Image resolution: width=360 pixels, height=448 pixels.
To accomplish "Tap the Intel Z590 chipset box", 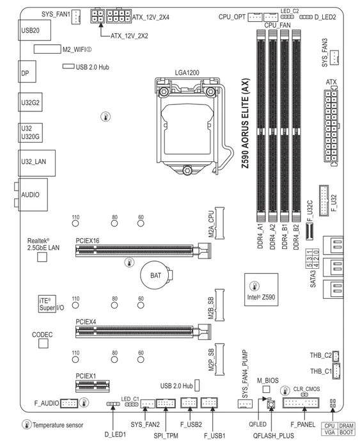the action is click(262, 289).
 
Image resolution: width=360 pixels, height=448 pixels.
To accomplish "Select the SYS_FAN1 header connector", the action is click(76, 17).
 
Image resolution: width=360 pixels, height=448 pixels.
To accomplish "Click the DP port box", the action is click(27, 72).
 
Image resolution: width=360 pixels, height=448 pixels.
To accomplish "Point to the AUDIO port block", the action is click(33, 195).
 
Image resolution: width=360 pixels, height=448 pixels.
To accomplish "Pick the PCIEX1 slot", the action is click(92, 387).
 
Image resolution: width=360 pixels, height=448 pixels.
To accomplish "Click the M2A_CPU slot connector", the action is click(219, 223).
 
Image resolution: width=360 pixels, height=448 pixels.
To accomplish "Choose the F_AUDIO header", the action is click(69, 403).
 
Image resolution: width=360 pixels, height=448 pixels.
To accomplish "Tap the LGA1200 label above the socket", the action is click(187, 72).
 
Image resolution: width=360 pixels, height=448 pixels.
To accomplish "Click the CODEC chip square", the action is click(43, 344).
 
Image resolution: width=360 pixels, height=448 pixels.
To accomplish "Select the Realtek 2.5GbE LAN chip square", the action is click(42, 257).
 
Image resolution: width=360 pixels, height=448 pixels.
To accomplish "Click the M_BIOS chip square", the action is click(266, 389).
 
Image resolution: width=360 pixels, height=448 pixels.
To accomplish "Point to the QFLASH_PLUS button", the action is click(271, 404).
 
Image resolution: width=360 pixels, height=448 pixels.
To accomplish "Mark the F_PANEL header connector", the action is click(301, 403).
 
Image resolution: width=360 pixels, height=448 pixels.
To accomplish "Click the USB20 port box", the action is click(35, 30).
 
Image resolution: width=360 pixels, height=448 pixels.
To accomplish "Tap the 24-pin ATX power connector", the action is click(331, 126).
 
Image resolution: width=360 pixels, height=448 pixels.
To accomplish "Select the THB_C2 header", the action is click(336, 356).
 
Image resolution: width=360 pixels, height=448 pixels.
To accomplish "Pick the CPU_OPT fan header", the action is click(255, 17).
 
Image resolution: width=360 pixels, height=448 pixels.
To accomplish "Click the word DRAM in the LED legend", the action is click(347, 426).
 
